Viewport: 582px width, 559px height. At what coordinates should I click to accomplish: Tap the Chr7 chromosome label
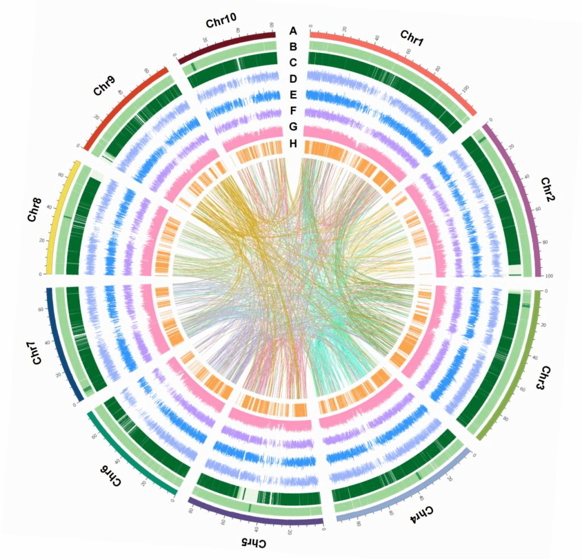(36, 353)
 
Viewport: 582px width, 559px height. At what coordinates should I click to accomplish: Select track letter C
(293, 62)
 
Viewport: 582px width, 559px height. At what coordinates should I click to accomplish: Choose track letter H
(293, 144)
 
